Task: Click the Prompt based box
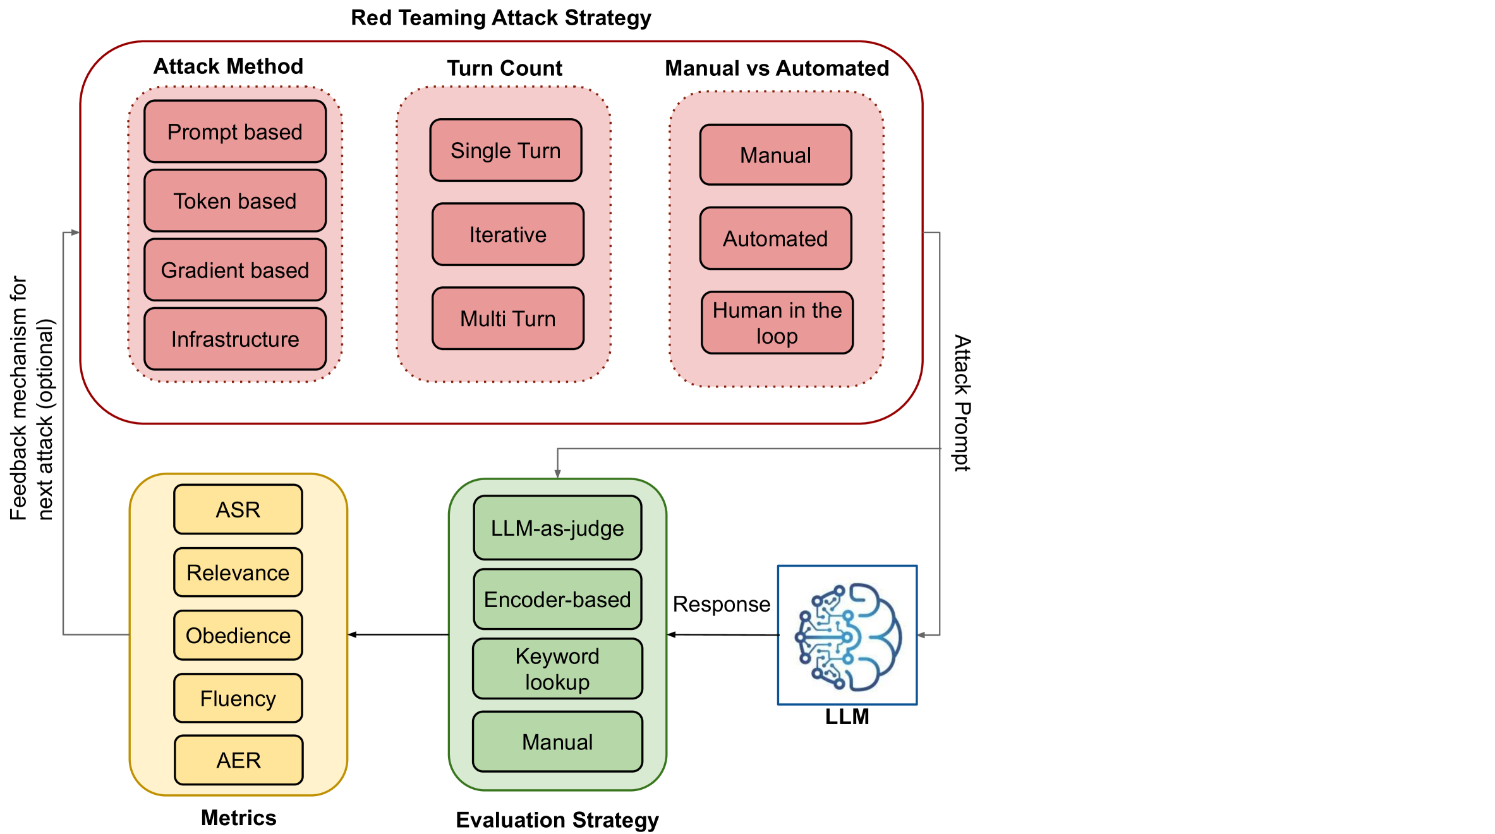pos(235,131)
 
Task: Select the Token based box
pos(235,201)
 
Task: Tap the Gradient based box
pos(235,270)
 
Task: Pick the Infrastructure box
pos(235,339)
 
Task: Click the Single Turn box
pos(505,150)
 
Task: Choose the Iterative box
pos(507,234)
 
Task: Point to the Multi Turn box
pos(507,318)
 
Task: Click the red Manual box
pos(775,155)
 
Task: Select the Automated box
pos(775,238)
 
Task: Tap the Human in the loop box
pos(777,323)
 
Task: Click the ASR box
pos(238,509)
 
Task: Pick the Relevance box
pos(238,572)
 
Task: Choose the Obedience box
pos(238,635)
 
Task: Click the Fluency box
pos(238,698)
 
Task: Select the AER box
pos(238,760)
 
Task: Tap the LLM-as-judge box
pos(557,528)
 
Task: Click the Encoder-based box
pos(557,599)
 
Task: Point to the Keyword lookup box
pos(557,668)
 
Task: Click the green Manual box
pos(557,742)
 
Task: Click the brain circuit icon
pos(847,635)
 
